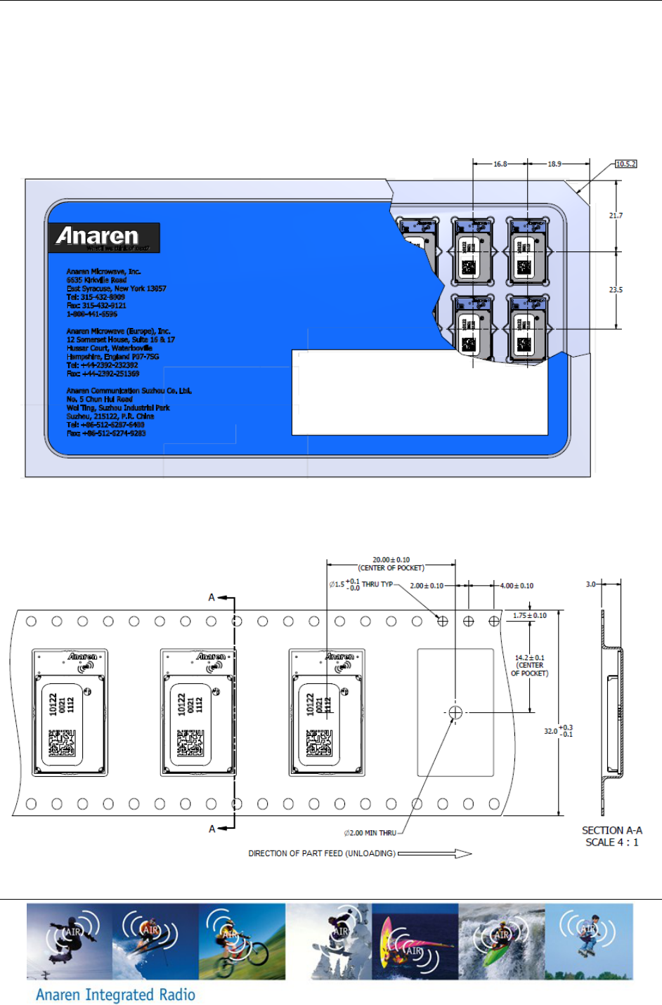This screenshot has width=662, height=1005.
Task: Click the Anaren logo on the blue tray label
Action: tap(103, 237)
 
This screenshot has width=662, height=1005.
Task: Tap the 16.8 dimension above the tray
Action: tap(500, 164)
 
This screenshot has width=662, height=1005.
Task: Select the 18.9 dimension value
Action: tap(554, 164)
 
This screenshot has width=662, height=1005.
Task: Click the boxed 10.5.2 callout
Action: tap(625, 164)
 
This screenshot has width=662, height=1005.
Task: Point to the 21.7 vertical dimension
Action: tap(616, 216)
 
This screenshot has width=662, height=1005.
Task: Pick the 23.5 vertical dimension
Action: tap(616, 289)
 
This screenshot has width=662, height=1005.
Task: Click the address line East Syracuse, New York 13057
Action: tap(116, 289)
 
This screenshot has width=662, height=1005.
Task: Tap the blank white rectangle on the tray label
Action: tap(420, 393)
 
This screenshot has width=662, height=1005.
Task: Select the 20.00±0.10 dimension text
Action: tap(391, 560)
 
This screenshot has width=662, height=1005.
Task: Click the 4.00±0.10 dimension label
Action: tap(517, 586)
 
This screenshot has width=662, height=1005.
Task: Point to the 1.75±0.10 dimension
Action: tap(529, 616)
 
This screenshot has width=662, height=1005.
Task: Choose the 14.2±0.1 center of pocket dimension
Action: tap(529, 658)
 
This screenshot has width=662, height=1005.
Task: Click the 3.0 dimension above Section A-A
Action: tap(591, 584)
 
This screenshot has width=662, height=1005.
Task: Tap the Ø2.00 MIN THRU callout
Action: tap(370, 833)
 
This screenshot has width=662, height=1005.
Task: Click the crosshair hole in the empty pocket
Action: tap(455, 713)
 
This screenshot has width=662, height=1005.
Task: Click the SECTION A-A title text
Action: tap(611, 830)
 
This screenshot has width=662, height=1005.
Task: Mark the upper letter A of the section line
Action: tap(212, 598)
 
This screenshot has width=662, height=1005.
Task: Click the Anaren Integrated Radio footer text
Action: tap(115, 994)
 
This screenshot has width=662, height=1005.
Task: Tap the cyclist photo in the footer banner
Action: tap(242, 941)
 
